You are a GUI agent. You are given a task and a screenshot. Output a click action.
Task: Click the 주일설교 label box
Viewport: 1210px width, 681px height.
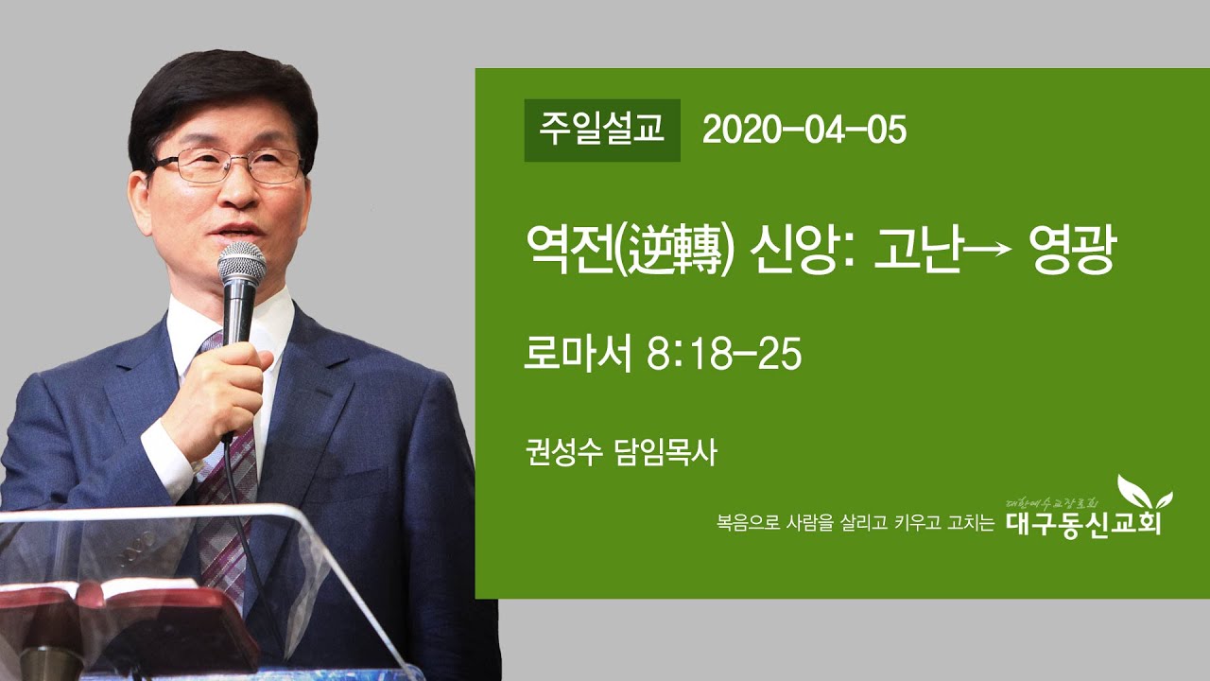pos(602,131)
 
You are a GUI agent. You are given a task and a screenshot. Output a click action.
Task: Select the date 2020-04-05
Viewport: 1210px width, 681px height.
pos(804,131)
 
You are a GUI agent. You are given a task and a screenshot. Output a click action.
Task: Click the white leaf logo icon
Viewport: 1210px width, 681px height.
pos(1144,493)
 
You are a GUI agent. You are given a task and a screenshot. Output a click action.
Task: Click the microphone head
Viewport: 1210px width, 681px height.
pos(242,265)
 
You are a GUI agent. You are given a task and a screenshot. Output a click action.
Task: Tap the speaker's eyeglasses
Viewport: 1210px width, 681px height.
pos(227,166)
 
